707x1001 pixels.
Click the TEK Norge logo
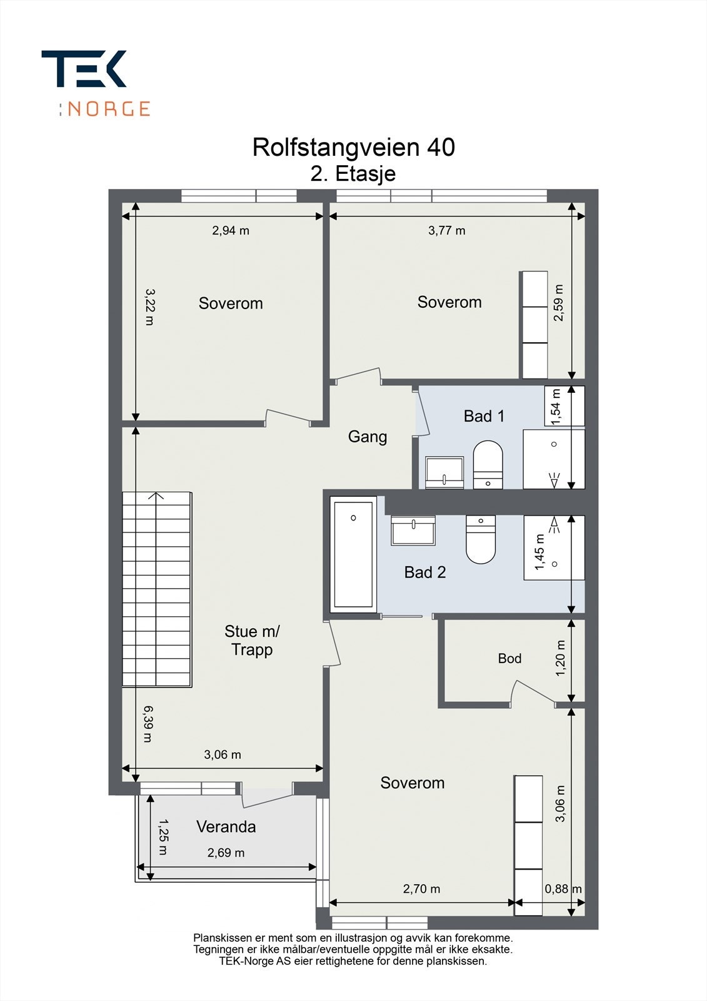pyautogui.click(x=96, y=83)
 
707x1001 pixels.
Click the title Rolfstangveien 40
pyautogui.click(x=354, y=147)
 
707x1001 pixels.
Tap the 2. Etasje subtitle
pyautogui.click(x=353, y=174)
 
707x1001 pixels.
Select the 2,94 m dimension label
pyautogui.click(x=231, y=231)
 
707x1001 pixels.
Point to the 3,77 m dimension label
pyautogui.click(x=446, y=231)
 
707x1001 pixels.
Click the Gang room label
pyautogui.click(x=368, y=437)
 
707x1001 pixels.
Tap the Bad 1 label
pyautogui.click(x=484, y=416)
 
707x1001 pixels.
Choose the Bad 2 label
pyautogui.click(x=425, y=572)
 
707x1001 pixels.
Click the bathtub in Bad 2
pyautogui.click(x=353, y=554)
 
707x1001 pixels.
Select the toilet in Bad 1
pyautogui.click(x=488, y=465)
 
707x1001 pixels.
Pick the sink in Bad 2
pyautogui.click(x=413, y=531)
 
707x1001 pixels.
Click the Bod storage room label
pyautogui.click(x=509, y=658)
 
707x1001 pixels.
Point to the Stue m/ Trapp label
pyautogui.click(x=252, y=641)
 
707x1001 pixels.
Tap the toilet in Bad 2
pyautogui.click(x=481, y=539)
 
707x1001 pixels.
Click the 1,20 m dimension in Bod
pyautogui.click(x=561, y=658)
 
